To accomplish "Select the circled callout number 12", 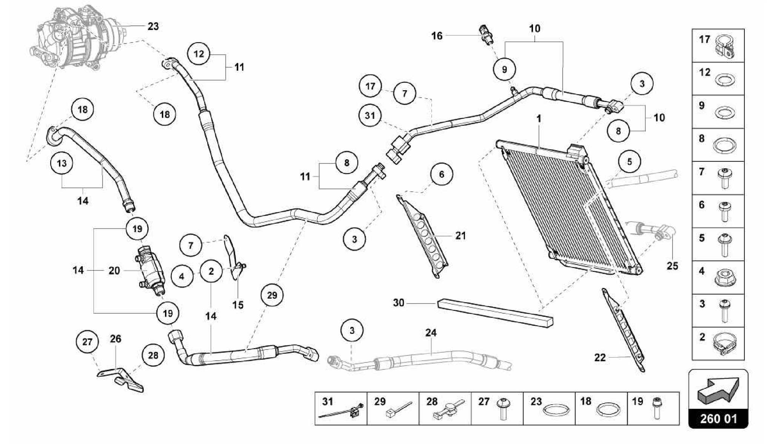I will click(199, 54).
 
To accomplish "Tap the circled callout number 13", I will click(62, 163).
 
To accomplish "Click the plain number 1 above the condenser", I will click(539, 118).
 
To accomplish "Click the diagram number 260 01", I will click(718, 419).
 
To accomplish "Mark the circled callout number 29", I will click(272, 295).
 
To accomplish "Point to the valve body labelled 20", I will click(150, 271).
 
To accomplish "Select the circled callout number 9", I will click(505, 69).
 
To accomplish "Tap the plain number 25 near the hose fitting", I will click(672, 266).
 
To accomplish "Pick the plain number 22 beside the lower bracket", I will click(600, 357).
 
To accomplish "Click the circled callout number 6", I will click(441, 174).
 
